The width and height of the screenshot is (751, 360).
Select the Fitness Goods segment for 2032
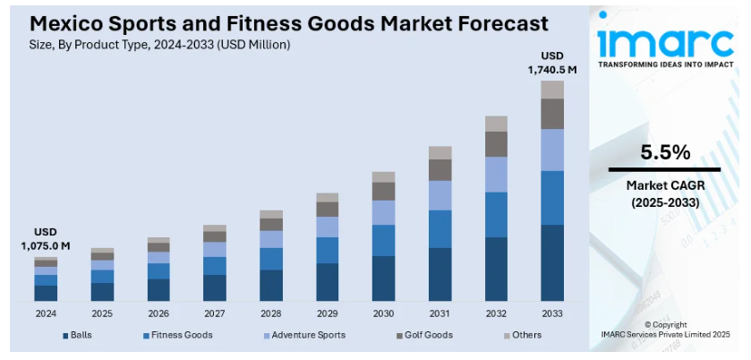coord(496,214)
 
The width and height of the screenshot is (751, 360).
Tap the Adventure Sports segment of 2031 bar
coord(440,195)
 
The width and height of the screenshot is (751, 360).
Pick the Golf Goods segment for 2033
coord(552,114)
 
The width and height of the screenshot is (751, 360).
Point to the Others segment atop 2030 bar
coord(383,177)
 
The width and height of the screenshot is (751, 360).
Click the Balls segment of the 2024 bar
coord(46,292)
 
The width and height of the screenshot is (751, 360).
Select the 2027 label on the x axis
coord(214,313)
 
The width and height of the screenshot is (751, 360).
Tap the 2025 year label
coord(102,313)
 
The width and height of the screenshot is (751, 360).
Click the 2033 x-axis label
coord(552,313)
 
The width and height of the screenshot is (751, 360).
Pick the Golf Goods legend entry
coord(424,335)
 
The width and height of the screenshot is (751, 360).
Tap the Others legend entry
coord(523,335)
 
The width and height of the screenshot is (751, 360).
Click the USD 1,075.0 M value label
coord(46,239)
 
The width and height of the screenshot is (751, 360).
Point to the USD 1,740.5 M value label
coord(552,62)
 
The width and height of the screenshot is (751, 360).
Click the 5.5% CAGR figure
coord(664,151)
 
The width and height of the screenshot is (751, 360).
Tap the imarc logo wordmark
coord(664,40)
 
